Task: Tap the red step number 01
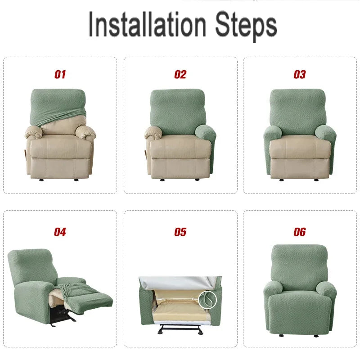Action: (x=60, y=75)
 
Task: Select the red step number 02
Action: (x=180, y=75)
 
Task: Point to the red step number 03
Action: (x=300, y=75)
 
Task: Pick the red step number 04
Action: (x=60, y=232)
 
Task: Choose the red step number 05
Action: (x=180, y=232)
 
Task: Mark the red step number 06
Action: (x=300, y=232)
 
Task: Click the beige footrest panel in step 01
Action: (x=60, y=167)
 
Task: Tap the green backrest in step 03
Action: (x=300, y=110)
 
